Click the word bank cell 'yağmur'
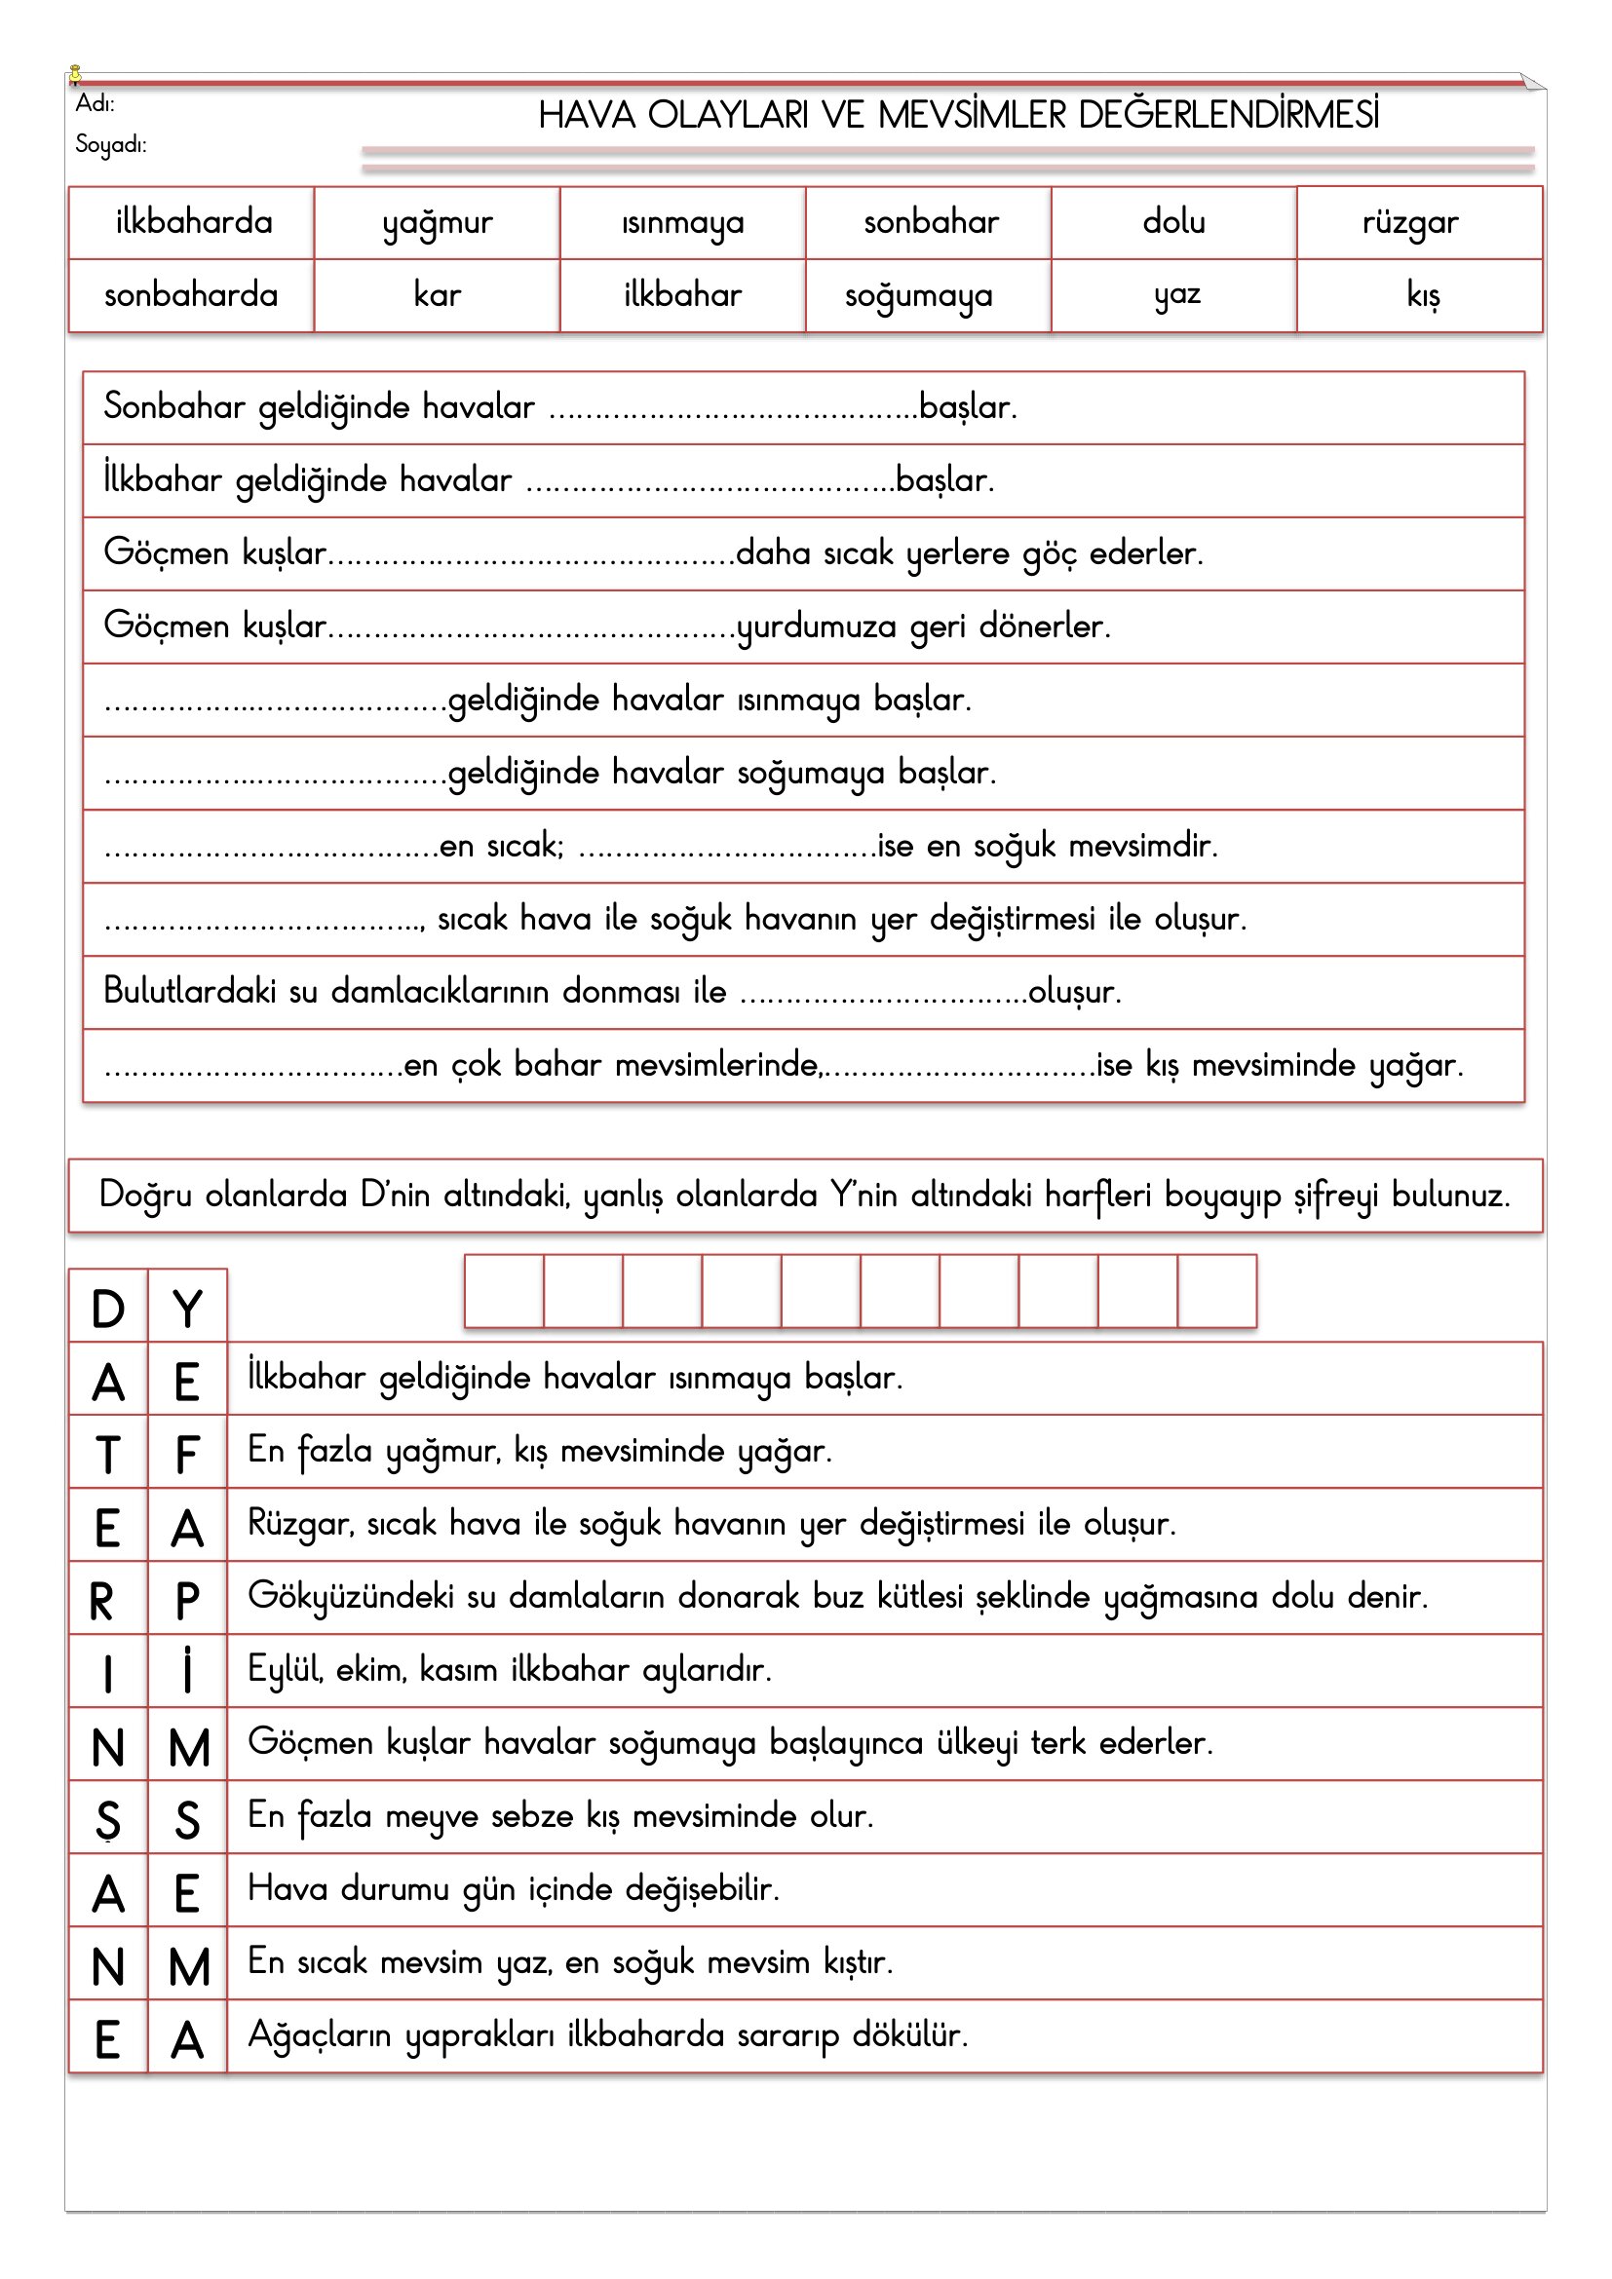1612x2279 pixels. click(438, 222)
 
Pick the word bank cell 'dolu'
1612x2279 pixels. click(1173, 221)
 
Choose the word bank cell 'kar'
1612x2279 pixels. click(438, 295)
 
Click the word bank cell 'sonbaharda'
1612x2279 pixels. click(191, 295)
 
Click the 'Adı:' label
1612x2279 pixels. click(96, 103)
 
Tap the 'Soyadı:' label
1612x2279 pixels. click(110, 145)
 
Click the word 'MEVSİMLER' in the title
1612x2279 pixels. click(972, 115)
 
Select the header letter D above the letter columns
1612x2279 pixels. click(108, 1310)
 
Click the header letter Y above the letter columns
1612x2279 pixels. click(187, 1310)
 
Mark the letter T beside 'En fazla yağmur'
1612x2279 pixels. click(108, 1455)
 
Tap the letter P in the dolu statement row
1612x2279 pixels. click(187, 1601)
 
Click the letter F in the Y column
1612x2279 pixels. click(187, 1455)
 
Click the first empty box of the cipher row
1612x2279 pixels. click(504, 1291)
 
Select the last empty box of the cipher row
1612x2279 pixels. click(1217, 1291)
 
